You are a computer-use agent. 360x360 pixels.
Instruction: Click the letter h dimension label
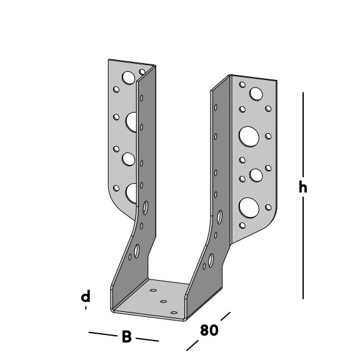click(x=303, y=186)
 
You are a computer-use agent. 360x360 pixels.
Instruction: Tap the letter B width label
click(x=127, y=337)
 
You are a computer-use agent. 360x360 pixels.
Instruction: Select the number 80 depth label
click(x=209, y=330)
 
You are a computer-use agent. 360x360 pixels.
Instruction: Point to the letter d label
click(x=86, y=296)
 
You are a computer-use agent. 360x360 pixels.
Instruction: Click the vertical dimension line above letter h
click(x=303, y=134)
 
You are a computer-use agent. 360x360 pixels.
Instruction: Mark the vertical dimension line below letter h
click(x=303, y=248)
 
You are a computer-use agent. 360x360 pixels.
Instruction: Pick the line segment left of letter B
click(x=103, y=334)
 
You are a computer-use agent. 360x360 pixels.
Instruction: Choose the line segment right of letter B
click(x=147, y=339)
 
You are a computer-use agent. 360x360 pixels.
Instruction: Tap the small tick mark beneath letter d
click(x=86, y=308)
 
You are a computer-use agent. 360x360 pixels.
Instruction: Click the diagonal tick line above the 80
click(x=226, y=316)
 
